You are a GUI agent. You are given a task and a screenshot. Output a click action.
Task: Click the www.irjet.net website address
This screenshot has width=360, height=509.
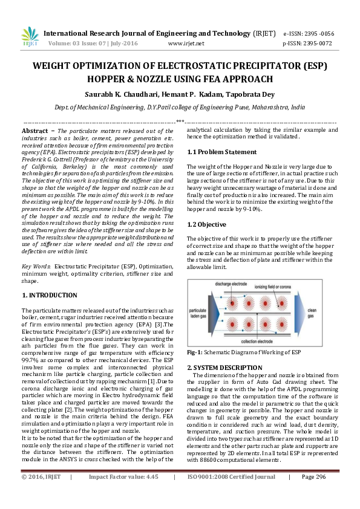(186, 44)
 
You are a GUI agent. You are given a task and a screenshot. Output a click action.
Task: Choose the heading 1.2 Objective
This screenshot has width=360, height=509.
(207, 224)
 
